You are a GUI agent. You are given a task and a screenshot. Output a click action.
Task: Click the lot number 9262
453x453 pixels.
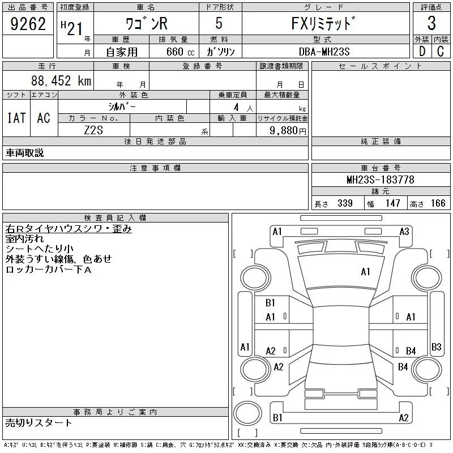click(28, 24)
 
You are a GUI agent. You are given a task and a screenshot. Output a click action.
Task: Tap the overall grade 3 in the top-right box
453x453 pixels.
click(431, 23)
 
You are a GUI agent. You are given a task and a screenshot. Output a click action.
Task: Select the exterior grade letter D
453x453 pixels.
click(422, 52)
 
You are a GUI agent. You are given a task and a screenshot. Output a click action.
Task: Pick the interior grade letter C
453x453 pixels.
click(441, 52)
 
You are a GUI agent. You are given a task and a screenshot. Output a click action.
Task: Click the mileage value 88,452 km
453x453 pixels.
click(61, 80)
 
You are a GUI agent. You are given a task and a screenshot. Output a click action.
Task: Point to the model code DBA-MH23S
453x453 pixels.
click(324, 52)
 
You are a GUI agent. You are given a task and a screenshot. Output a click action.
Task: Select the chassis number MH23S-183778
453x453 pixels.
click(381, 180)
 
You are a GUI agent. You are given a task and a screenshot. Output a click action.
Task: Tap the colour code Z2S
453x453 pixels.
click(93, 130)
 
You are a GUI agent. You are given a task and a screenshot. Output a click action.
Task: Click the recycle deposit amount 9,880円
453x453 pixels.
click(288, 131)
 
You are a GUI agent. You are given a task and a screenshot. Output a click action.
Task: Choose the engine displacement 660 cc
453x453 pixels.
click(180, 52)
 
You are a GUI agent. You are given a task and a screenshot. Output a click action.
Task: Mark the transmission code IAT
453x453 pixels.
click(16, 118)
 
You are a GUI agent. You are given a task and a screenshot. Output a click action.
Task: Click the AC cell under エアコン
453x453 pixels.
click(44, 118)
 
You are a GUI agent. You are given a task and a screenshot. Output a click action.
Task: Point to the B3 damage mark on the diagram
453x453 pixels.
click(436, 347)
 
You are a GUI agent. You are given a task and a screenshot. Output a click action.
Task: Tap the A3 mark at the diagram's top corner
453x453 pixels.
click(404, 232)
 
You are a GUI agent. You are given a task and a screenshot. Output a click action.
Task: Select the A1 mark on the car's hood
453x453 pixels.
click(365, 272)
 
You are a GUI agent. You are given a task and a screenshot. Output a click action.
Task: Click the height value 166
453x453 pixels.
click(438, 203)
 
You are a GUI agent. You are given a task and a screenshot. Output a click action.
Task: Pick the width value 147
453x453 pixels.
click(392, 203)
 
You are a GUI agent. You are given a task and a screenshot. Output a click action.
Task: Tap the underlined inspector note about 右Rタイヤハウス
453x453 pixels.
click(69, 229)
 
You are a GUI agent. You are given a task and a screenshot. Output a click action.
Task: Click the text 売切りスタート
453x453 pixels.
click(39, 423)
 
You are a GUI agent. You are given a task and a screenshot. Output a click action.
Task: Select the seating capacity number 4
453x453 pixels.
click(236, 108)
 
